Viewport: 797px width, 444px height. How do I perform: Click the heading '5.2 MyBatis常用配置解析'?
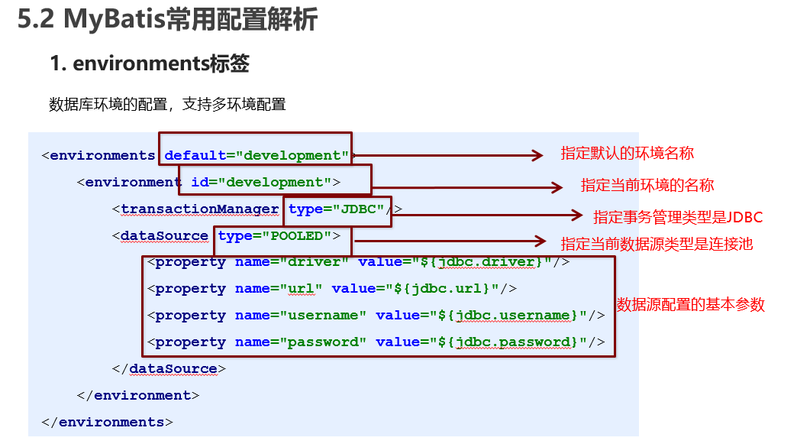tap(167, 21)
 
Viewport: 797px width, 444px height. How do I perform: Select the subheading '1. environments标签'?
tap(150, 64)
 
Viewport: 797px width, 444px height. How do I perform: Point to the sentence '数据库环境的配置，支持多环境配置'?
tap(167, 104)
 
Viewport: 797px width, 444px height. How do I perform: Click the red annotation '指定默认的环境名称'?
tap(627, 153)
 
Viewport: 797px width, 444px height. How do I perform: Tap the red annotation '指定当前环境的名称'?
tap(647, 185)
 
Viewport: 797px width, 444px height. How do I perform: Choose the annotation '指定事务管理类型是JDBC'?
tap(678, 217)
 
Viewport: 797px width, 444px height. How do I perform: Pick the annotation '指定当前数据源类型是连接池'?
tap(657, 244)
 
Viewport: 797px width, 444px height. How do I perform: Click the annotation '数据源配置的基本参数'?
tap(690, 304)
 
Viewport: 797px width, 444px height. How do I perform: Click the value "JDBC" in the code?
tap(357, 209)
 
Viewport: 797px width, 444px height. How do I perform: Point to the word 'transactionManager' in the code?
tap(200, 209)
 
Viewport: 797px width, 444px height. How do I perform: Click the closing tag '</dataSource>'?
tap(169, 369)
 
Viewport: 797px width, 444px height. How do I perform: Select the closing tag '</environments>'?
tap(108, 422)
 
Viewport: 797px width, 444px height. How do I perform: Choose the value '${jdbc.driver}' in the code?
tap(483, 262)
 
